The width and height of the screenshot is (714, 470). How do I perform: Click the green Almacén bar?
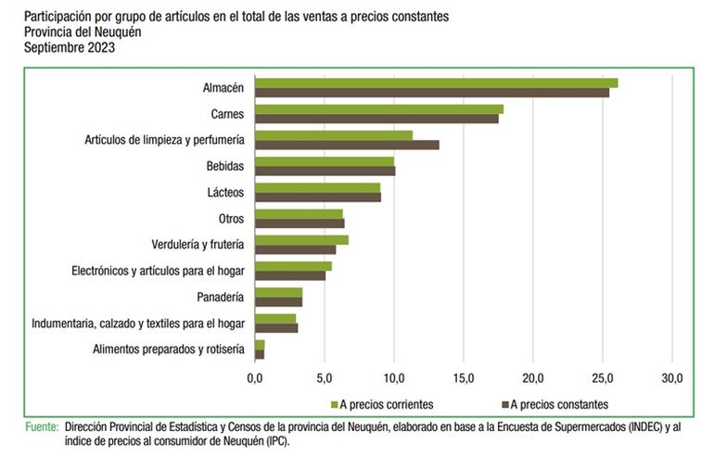point(436,83)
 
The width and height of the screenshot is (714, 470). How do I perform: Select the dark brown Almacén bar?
point(432,93)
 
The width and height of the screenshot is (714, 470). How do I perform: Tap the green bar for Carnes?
point(379,109)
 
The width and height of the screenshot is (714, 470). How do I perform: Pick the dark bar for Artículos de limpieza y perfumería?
point(347,145)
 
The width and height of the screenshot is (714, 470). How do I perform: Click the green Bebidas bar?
point(325,161)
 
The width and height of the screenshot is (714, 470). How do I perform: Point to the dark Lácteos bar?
point(318,197)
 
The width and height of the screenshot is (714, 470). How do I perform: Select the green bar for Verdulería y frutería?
point(301,240)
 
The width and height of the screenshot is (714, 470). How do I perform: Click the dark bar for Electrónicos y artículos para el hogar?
point(290,275)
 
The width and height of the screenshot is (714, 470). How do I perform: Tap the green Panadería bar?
point(278,292)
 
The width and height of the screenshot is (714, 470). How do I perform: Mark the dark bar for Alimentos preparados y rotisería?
point(260,354)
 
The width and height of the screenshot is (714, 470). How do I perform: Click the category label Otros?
point(231,219)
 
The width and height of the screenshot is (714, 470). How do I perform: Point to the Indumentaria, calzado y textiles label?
point(138,324)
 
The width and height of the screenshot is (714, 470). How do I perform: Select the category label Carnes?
point(227,114)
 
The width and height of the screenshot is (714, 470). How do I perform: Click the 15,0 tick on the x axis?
point(464,379)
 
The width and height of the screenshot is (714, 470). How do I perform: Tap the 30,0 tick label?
point(671,379)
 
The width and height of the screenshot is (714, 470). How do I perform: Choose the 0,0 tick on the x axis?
point(255,379)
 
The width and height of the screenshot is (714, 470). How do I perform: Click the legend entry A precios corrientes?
point(386,404)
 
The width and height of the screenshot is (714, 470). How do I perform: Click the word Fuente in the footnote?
point(41,427)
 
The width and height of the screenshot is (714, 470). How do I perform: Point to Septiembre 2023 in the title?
point(70,48)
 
